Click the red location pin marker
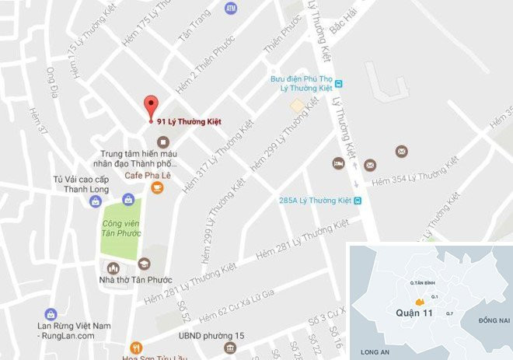tap(151, 107)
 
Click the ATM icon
tap(230, 8)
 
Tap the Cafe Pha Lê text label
tap(148, 176)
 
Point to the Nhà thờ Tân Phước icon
tap(144, 264)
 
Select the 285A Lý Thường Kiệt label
tap(314, 201)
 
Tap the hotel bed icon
tap(339, 164)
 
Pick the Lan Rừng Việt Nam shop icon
tap(51, 314)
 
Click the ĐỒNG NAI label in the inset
tap(493, 320)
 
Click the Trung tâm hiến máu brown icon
tap(162, 142)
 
